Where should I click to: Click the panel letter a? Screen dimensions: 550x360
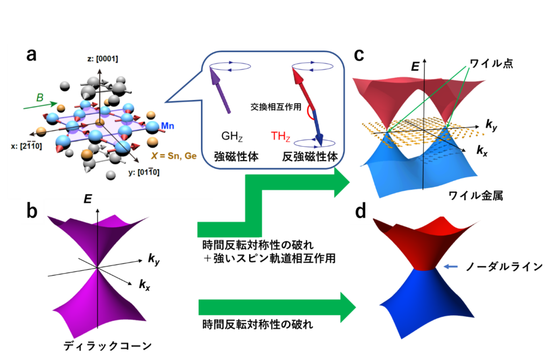point(32,55)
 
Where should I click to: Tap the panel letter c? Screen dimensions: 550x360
point(359,55)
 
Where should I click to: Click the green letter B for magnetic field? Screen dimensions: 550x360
point(40,98)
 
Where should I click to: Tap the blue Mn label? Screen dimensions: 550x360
point(168,126)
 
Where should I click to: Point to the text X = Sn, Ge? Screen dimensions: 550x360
point(173,156)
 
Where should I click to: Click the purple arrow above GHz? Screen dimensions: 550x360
point(220,90)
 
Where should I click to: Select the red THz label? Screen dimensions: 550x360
point(280,136)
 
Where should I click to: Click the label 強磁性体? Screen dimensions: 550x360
point(236,156)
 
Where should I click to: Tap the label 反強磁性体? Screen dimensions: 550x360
point(310,156)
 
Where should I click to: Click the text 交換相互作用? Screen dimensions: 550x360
point(276,107)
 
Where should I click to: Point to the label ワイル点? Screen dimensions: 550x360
point(491,63)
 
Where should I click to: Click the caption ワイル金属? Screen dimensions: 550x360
point(476,195)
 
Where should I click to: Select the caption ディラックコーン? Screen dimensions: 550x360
point(107,346)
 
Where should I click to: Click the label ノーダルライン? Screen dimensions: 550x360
point(504,267)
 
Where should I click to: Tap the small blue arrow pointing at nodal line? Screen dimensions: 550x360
point(451,267)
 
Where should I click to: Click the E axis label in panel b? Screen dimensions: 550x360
point(88,199)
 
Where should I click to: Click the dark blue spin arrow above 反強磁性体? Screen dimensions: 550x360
point(318,127)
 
